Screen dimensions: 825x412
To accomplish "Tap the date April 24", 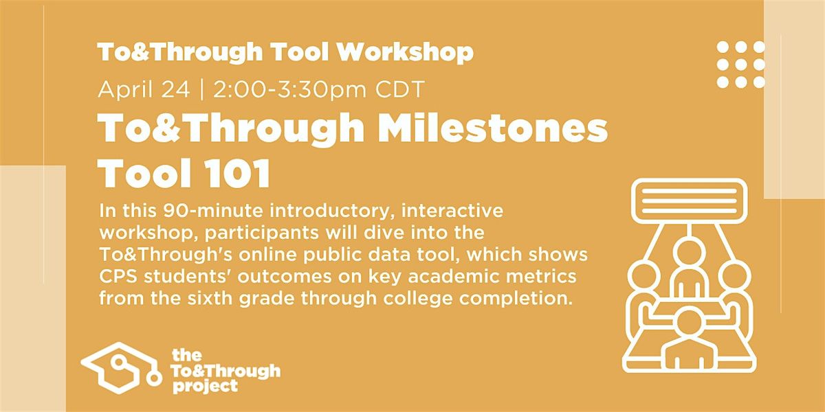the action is [144, 89].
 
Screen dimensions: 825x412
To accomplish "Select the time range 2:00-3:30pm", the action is [289, 89].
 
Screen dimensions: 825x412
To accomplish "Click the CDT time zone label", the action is [400, 89].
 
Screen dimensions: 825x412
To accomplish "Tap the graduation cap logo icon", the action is [122, 368].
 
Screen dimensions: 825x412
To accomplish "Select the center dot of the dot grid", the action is [740, 65].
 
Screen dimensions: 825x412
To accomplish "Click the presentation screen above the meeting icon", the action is [689, 201].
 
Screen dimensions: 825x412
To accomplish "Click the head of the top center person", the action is [689, 253].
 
